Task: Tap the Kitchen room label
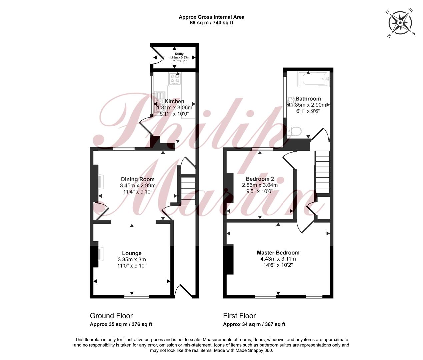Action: (x=174, y=101)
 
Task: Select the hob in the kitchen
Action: (x=175, y=79)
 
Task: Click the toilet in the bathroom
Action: (x=294, y=131)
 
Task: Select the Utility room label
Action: (x=179, y=54)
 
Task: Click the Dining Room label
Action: (x=138, y=179)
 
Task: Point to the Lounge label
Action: (x=132, y=253)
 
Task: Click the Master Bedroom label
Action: (x=278, y=253)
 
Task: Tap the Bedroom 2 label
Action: (x=260, y=179)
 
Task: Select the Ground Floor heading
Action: (x=111, y=316)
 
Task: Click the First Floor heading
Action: (x=239, y=316)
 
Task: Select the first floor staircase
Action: (x=322, y=172)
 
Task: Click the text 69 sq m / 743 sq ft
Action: (x=212, y=23)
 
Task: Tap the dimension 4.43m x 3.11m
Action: (x=278, y=259)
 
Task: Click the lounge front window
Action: (x=137, y=296)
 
